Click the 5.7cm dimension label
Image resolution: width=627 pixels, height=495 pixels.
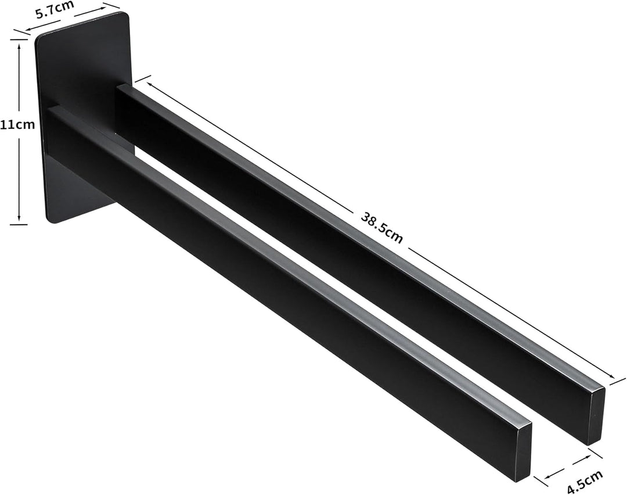tap(55, 9)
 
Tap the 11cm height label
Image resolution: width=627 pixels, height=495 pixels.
tap(17, 124)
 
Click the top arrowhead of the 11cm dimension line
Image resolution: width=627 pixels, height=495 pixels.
tap(19, 46)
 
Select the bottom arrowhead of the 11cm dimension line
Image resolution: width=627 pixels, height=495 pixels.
tap(19, 217)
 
